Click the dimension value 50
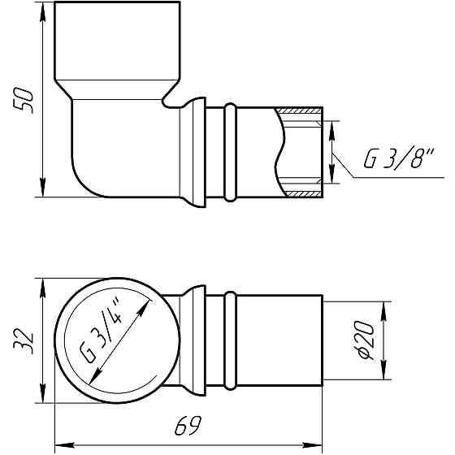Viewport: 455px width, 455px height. (x=25, y=101)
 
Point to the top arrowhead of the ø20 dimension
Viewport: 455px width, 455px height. (x=383, y=307)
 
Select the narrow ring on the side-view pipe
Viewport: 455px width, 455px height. (x=230, y=152)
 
